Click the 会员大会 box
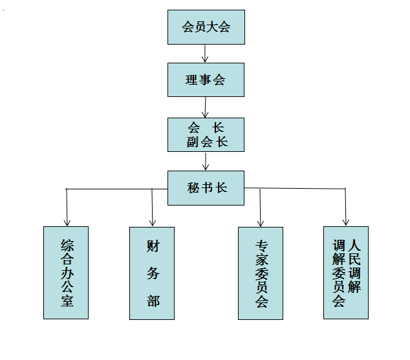click(206, 27)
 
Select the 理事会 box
click(206, 79)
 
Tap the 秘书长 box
click(206, 188)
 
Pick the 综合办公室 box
click(66, 273)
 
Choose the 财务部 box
click(152, 273)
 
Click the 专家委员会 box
click(261, 273)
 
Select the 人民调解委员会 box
click(346, 273)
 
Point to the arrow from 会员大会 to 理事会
click(205, 54)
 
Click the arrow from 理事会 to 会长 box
click(205, 107)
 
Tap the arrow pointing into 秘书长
click(206, 162)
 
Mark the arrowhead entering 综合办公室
click(67, 223)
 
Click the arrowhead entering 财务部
click(153, 223)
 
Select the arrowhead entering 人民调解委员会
click(346, 222)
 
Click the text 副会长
click(207, 142)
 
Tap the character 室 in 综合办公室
click(67, 301)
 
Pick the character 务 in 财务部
click(153, 273)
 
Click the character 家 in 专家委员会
click(262, 259)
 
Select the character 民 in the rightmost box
click(354, 259)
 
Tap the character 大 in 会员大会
click(212, 27)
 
